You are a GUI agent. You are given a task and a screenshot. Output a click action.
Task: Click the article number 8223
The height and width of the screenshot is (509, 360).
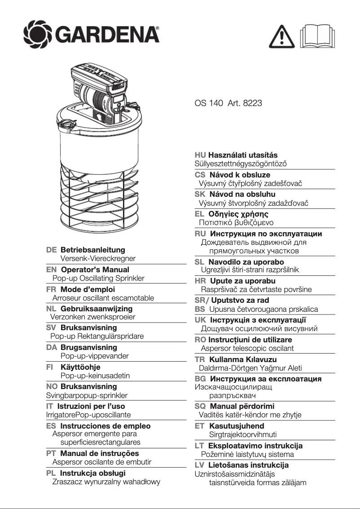click(x=252, y=103)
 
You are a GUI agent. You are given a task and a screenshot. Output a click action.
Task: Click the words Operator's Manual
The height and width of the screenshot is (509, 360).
click(x=95, y=270)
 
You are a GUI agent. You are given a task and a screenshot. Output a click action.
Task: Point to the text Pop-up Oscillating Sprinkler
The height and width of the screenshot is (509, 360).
click(x=98, y=278)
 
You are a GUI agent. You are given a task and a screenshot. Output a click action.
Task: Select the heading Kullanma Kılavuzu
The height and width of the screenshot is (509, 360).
click(x=243, y=359)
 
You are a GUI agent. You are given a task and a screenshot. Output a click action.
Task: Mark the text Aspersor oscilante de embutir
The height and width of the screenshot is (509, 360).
click(x=102, y=462)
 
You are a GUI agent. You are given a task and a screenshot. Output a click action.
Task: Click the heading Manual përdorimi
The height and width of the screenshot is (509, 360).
click(x=242, y=406)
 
